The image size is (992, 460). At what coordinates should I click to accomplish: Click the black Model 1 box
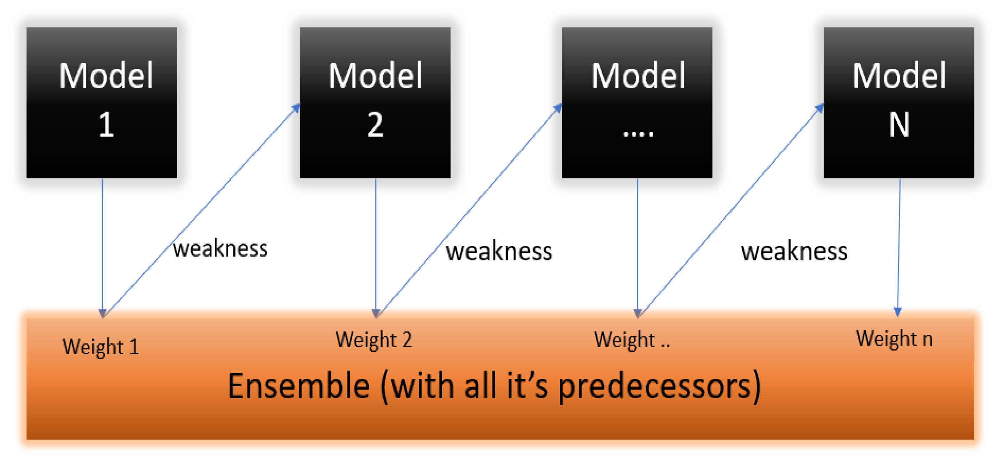click(102, 102)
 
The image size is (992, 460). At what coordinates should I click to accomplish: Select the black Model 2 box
click(375, 102)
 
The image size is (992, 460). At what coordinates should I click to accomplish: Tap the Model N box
click(898, 102)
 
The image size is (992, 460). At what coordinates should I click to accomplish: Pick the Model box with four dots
click(637, 102)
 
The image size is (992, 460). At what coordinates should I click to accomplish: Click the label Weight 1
click(100, 346)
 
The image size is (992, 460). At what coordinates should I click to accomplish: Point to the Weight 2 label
click(373, 340)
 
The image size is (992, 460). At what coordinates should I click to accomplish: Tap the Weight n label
click(894, 339)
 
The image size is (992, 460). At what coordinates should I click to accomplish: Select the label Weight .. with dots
click(631, 340)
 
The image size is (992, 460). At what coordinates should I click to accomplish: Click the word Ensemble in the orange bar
click(299, 386)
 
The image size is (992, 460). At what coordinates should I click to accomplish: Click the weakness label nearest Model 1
click(220, 249)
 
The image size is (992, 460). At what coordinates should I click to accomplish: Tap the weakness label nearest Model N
click(794, 251)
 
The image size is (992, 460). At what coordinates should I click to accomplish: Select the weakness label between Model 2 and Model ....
click(499, 251)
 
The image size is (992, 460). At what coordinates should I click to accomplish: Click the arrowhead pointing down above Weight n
click(897, 312)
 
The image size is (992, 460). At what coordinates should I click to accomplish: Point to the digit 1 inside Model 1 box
click(106, 125)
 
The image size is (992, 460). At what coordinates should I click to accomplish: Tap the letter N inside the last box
click(899, 125)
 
